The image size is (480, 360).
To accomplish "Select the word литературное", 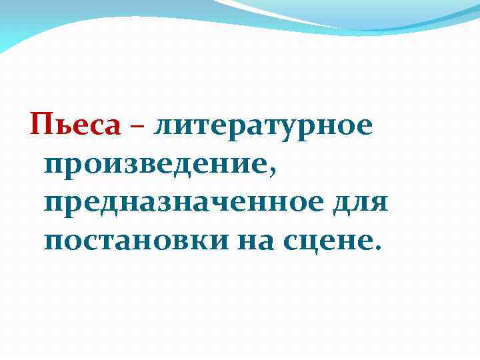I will [263, 125].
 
